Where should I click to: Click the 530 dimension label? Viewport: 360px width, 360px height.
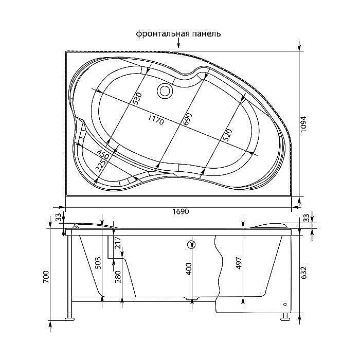click(x=137, y=99)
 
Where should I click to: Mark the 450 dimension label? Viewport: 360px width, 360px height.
click(x=103, y=154)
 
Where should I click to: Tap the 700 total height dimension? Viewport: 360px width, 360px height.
click(x=46, y=278)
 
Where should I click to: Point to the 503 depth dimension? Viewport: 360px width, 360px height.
click(x=98, y=263)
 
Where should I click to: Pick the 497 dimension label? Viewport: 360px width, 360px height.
click(x=239, y=263)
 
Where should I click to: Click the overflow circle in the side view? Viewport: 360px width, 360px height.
click(x=192, y=245)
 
